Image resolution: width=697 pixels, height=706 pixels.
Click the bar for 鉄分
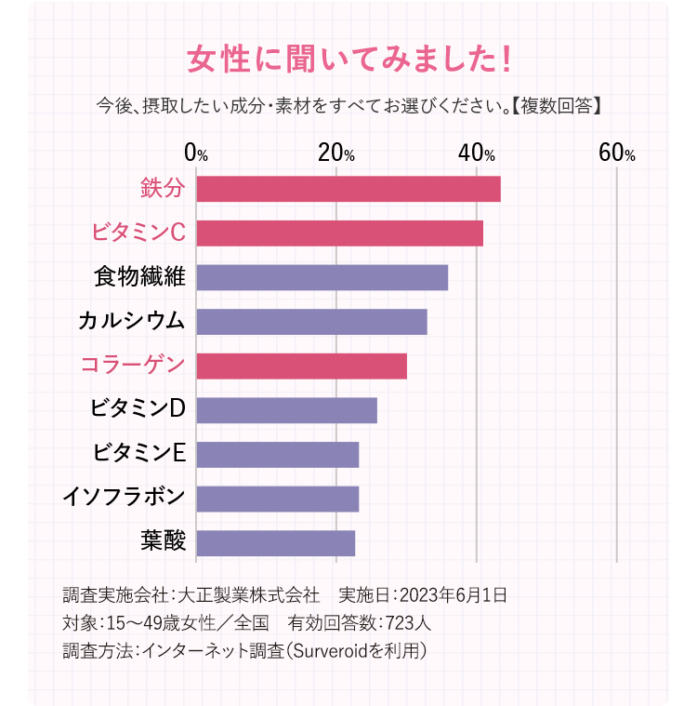click(x=348, y=189)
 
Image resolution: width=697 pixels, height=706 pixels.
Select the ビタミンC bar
click(x=339, y=233)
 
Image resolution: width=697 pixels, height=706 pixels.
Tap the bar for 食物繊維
click(x=322, y=277)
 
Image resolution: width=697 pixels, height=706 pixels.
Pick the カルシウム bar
click(x=311, y=322)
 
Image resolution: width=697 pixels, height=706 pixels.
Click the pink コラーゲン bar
click(x=301, y=366)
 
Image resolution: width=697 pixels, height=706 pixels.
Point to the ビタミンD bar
click(x=286, y=410)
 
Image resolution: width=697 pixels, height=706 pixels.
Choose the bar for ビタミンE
click(x=277, y=455)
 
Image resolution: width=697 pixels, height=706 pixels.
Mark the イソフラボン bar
click(x=277, y=499)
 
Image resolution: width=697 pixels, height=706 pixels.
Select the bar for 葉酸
click(x=275, y=543)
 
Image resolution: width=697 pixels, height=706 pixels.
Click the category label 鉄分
click(x=163, y=189)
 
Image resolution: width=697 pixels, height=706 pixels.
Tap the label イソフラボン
click(x=124, y=499)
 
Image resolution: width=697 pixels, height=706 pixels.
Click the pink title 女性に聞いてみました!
click(x=348, y=60)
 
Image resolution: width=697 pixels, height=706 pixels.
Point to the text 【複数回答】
click(x=558, y=104)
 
